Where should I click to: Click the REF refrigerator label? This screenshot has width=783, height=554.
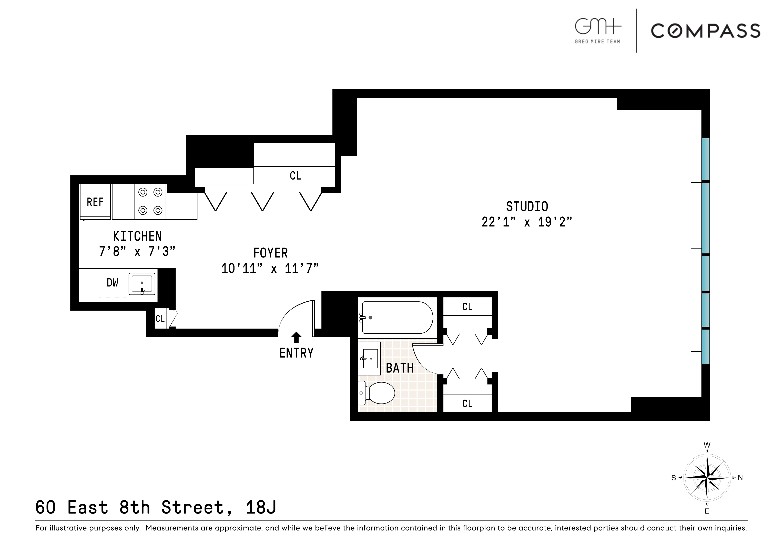pyautogui.click(x=95, y=202)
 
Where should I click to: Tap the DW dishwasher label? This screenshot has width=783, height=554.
pyautogui.click(x=112, y=283)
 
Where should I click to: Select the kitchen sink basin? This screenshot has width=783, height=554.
pyautogui.click(x=142, y=283)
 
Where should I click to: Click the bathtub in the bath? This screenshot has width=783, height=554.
pyautogui.click(x=397, y=318)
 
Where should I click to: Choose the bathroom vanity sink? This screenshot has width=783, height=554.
pyautogui.click(x=370, y=358)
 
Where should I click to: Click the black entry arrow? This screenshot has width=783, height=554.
pyautogui.click(x=296, y=337)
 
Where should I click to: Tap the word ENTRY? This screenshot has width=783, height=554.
pyautogui.click(x=296, y=353)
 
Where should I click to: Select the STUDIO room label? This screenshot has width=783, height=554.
pyautogui.click(x=527, y=206)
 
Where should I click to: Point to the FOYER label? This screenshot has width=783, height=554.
pyautogui.click(x=270, y=253)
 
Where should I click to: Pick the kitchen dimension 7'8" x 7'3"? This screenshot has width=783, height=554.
pyautogui.click(x=137, y=252)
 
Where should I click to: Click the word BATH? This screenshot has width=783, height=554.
pyautogui.click(x=400, y=368)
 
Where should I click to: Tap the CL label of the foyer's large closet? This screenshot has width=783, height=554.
pyautogui.click(x=295, y=176)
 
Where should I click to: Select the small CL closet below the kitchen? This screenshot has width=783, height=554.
pyautogui.click(x=160, y=319)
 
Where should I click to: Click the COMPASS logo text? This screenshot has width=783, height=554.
pyautogui.click(x=705, y=31)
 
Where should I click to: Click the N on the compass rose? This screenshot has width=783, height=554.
pyautogui.click(x=740, y=477)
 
